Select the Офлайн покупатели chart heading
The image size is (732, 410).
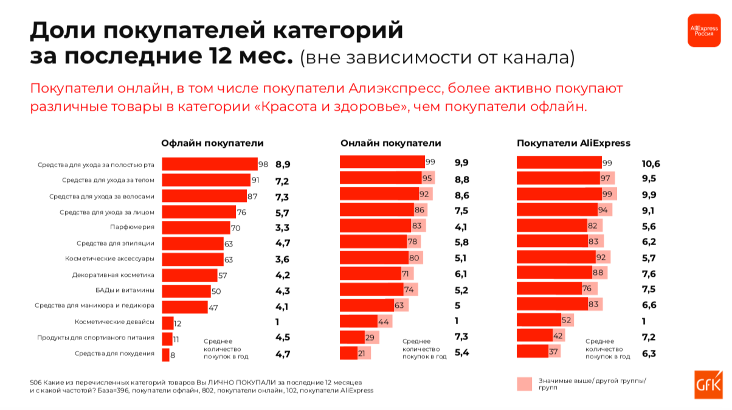point(212,144)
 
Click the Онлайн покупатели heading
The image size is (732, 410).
point(391,144)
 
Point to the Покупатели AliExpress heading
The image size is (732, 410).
point(573,144)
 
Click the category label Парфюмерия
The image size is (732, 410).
point(132,227)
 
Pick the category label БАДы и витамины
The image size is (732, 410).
point(125,290)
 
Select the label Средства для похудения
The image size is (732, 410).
point(114,353)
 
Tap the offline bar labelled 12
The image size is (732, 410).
point(167,322)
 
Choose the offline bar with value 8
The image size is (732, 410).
point(165,353)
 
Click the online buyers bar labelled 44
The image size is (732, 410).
point(359,321)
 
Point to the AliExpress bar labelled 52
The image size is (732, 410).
point(539,321)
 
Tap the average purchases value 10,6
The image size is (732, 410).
point(651,164)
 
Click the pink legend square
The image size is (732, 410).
point(524,384)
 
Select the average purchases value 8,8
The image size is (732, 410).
point(461,179)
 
